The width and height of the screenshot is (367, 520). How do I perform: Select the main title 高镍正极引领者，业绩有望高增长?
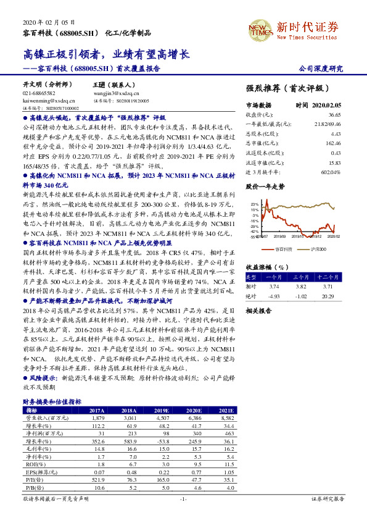click(x=104, y=55)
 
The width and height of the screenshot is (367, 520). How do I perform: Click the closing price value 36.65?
click(x=335, y=114)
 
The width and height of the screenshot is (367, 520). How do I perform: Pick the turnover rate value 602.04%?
click(x=330, y=172)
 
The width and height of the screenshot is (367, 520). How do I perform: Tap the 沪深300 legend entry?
click(x=318, y=248)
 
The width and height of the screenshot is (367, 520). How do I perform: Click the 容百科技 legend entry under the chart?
click(x=282, y=248)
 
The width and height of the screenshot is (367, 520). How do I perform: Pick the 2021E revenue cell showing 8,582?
click(x=226, y=418)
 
